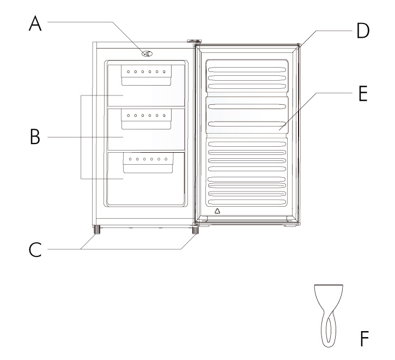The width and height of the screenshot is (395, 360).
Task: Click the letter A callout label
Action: click(x=35, y=23)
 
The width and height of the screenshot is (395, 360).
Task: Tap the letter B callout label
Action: click(x=35, y=136)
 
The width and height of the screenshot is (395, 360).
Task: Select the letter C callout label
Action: click(x=35, y=249)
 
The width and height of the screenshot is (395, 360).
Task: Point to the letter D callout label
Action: click(x=363, y=31)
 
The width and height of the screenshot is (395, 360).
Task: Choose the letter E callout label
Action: click(x=363, y=94)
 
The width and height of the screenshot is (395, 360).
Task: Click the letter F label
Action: click(x=364, y=339)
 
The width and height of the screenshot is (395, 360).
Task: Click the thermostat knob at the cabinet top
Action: click(x=147, y=53)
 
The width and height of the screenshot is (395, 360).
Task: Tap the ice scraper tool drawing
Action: click(x=329, y=316)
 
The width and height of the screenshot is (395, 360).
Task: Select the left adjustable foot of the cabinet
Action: click(x=96, y=230)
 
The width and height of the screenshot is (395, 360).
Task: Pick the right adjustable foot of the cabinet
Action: click(x=195, y=230)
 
